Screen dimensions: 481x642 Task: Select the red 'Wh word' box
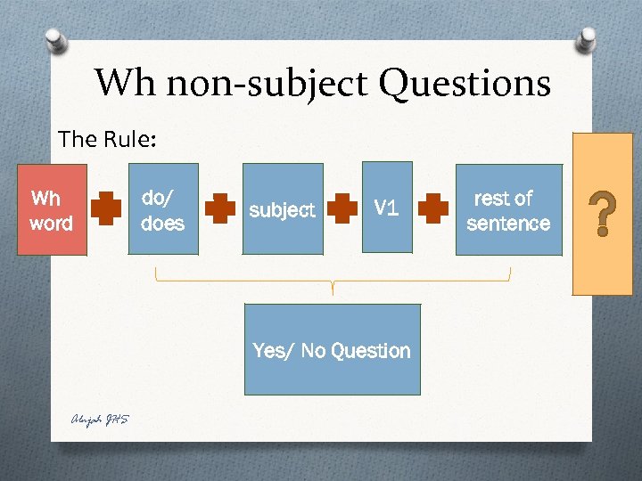point(52,210)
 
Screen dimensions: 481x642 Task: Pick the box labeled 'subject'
point(281,209)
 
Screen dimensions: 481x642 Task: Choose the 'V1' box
point(386,207)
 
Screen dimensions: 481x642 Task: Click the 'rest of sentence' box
point(508,209)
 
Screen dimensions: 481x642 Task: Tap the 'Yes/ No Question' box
point(332,350)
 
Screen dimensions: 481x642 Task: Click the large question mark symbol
point(603,216)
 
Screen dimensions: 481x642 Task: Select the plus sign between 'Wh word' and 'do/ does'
point(106,208)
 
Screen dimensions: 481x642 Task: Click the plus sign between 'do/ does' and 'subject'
point(220,209)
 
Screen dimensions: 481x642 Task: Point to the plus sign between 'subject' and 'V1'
point(342,209)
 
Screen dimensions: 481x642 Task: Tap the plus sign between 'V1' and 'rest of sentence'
point(434,209)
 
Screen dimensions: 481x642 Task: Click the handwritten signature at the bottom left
point(100,420)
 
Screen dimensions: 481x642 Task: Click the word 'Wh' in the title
point(125,84)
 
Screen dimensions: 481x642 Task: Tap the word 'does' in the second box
point(163,223)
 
